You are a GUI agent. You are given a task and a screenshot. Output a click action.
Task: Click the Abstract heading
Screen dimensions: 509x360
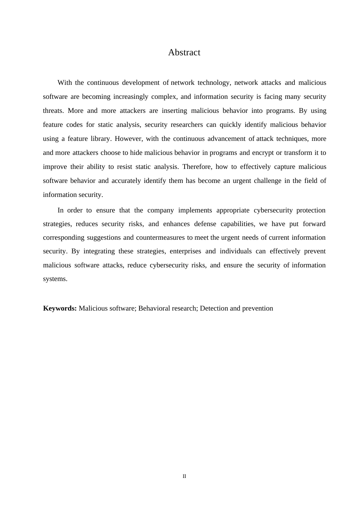click(x=184, y=53)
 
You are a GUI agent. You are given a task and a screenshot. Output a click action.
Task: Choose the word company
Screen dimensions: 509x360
click(x=161, y=210)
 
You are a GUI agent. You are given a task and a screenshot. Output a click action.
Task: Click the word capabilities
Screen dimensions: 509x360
click(x=238, y=224)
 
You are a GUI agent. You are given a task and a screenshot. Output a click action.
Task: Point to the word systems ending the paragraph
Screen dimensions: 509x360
click(x=55, y=279)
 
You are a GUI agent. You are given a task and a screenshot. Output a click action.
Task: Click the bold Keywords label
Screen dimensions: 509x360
click(x=60, y=308)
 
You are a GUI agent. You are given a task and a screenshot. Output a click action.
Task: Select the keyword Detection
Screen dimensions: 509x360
click(x=213, y=308)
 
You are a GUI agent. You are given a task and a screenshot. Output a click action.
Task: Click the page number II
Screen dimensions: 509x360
click(x=184, y=476)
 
